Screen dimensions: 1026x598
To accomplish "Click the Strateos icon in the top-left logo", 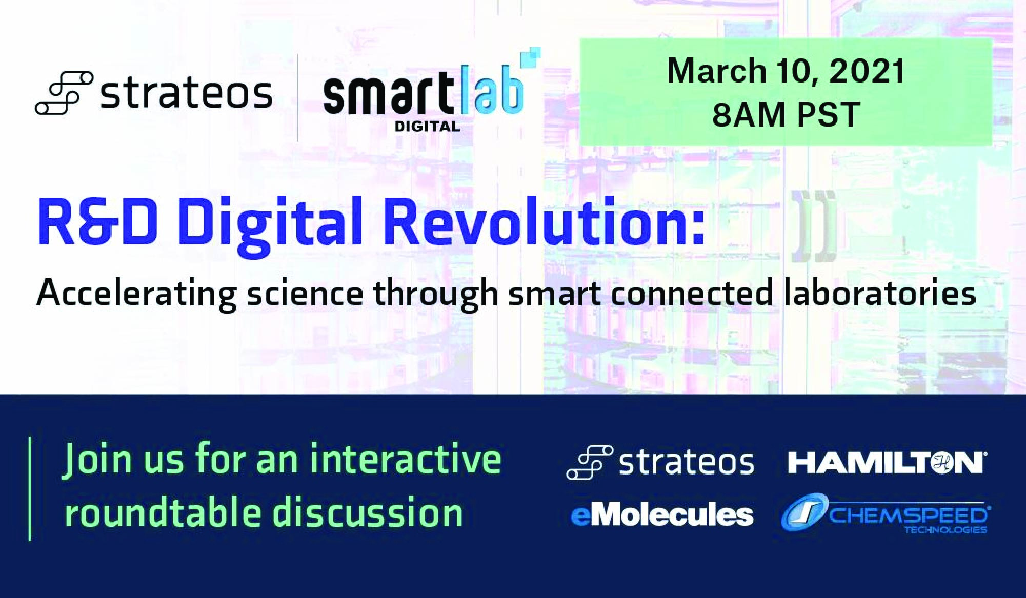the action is (x=64, y=92).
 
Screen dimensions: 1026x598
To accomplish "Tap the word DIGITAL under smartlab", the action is (x=427, y=126).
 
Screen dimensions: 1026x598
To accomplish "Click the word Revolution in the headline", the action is (x=544, y=221).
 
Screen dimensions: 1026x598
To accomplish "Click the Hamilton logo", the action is (x=885, y=462).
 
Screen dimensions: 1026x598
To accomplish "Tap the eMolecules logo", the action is (x=662, y=515).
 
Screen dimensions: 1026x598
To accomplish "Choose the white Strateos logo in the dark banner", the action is (x=660, y=462).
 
